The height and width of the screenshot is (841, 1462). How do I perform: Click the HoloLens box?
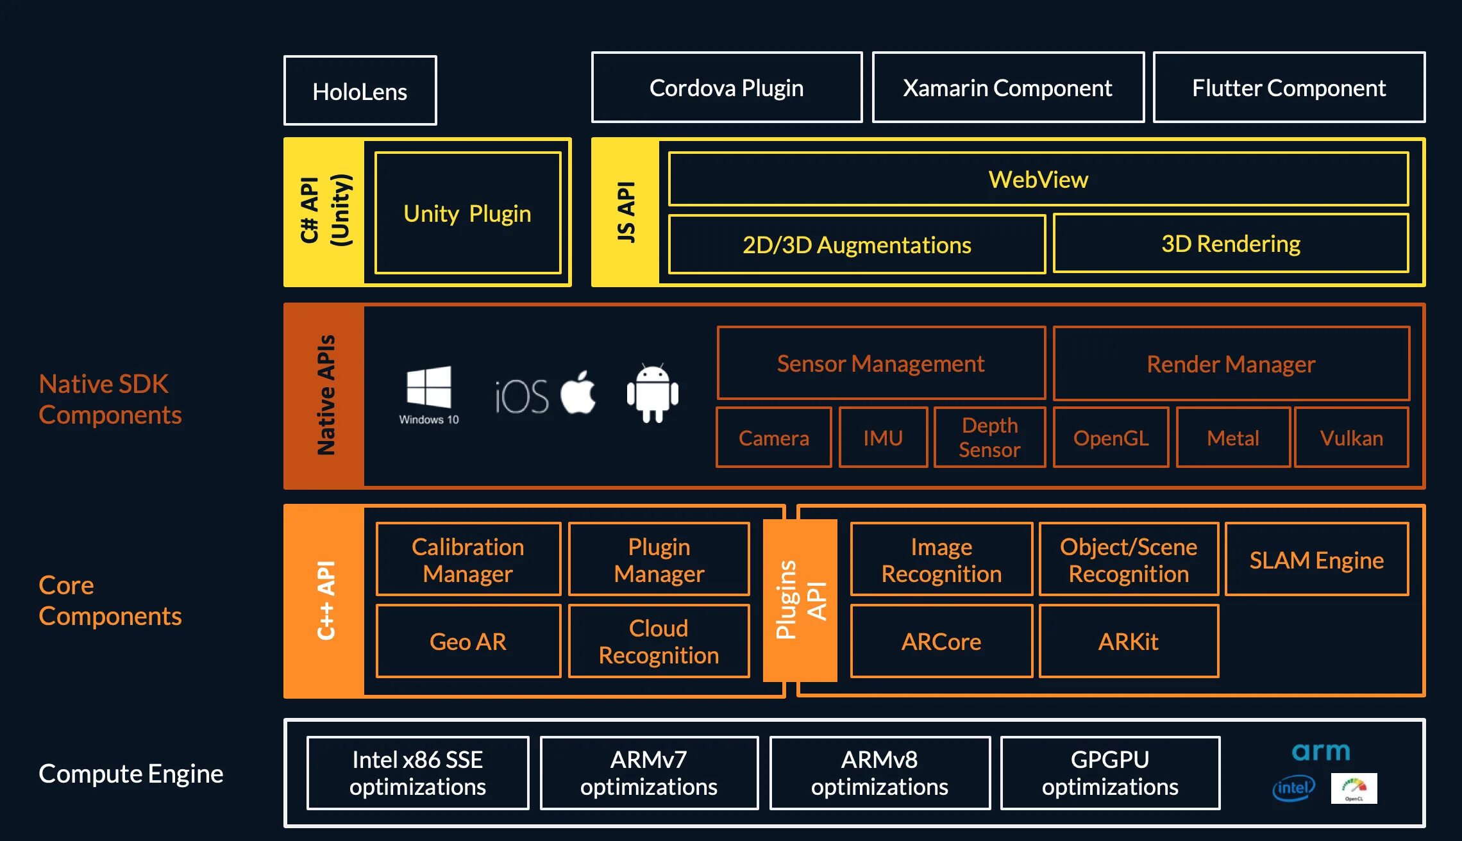click(360, 90)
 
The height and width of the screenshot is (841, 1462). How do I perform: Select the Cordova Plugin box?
click(727, 88)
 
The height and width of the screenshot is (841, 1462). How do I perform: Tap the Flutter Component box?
click(1289, 88)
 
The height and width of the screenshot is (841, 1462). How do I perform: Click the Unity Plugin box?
click(467, 213)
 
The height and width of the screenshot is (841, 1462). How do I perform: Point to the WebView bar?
click(1038, 179)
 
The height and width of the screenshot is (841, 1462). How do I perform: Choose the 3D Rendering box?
click(1231, 244)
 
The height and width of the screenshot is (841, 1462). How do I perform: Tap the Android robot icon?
click(652, 393)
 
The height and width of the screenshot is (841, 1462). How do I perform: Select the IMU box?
click(883, 438)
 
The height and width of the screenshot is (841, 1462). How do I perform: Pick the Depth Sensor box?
click(989, 437)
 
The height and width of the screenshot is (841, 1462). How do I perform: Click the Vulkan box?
click(1351, 438)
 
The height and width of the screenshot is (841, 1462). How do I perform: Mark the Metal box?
click(1232, 438)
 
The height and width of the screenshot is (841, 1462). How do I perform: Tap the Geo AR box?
click(468, 641)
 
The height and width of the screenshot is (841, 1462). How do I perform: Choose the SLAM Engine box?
click(1316, 560)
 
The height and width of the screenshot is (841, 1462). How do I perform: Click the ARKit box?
click(1129, 641)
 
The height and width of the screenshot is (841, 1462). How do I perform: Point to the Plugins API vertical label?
click(800, 600)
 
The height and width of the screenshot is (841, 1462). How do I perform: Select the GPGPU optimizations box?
click(1110, 773)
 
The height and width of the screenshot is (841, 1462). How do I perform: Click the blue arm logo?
click(1320, 751)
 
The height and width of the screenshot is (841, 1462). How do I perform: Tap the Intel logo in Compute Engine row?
click(1293, 788)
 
